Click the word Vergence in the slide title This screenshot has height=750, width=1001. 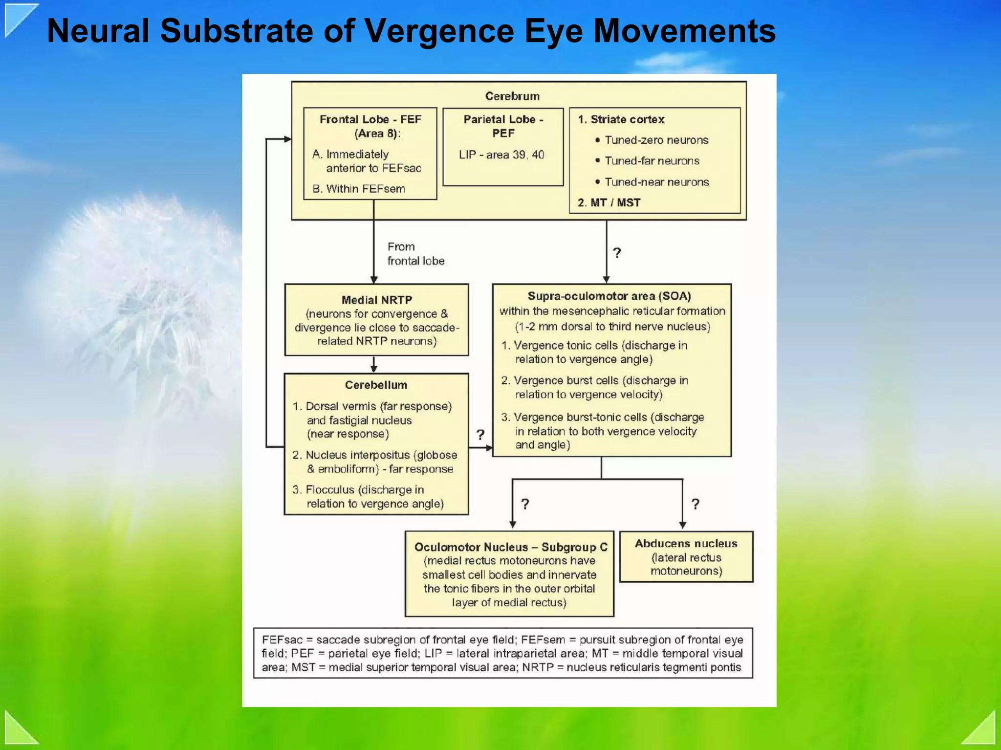click(438, 31)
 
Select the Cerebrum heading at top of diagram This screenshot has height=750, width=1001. click(512, 96)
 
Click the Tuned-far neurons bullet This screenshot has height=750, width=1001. click(652, 161)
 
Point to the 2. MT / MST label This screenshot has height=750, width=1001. click(609, 202)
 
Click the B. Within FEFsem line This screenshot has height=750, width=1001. click(359, 189)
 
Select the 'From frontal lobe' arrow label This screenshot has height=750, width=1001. click(415, 254)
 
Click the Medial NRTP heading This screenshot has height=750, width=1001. click(377, 300)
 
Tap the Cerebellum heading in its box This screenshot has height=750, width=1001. click(376, 385)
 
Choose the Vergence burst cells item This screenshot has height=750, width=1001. click(594, 387)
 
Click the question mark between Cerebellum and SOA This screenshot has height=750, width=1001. click(480, 435)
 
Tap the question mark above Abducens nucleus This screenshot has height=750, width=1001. click(695, 504)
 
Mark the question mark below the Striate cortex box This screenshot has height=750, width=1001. click(617, 253)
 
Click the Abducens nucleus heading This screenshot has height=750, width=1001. click(686, 543)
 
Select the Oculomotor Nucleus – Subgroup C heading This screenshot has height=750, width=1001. click(511, 547)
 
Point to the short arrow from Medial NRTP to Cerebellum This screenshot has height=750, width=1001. click(374, 364)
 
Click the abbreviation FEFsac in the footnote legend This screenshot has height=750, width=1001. click(282, 640)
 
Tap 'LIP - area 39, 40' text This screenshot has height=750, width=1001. click(501, 155)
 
